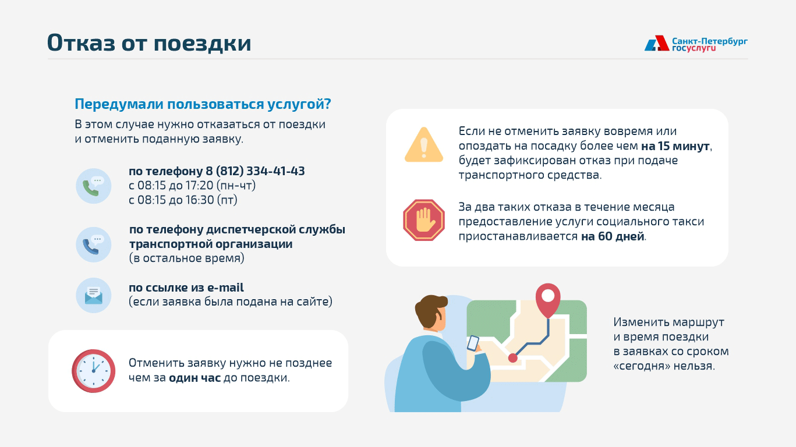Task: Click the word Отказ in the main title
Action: tap(81, 42)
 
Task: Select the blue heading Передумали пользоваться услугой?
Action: tap(203, 104)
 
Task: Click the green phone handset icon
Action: tap(90, 189)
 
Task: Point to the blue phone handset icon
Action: tap(90, 247)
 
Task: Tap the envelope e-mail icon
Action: tap(94, 296)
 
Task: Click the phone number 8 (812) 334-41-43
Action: tap(255, 171)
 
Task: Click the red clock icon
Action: tap(94, 371)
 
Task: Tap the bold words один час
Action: tap(194, 377)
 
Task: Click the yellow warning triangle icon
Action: tap(423, 145)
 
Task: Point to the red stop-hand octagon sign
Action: tap(423, 220)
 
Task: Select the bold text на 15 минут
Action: tap(675, 146)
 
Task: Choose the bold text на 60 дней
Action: tap(613, 236)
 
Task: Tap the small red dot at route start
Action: tap(513, 358)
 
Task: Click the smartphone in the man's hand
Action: tap(473, 343)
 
